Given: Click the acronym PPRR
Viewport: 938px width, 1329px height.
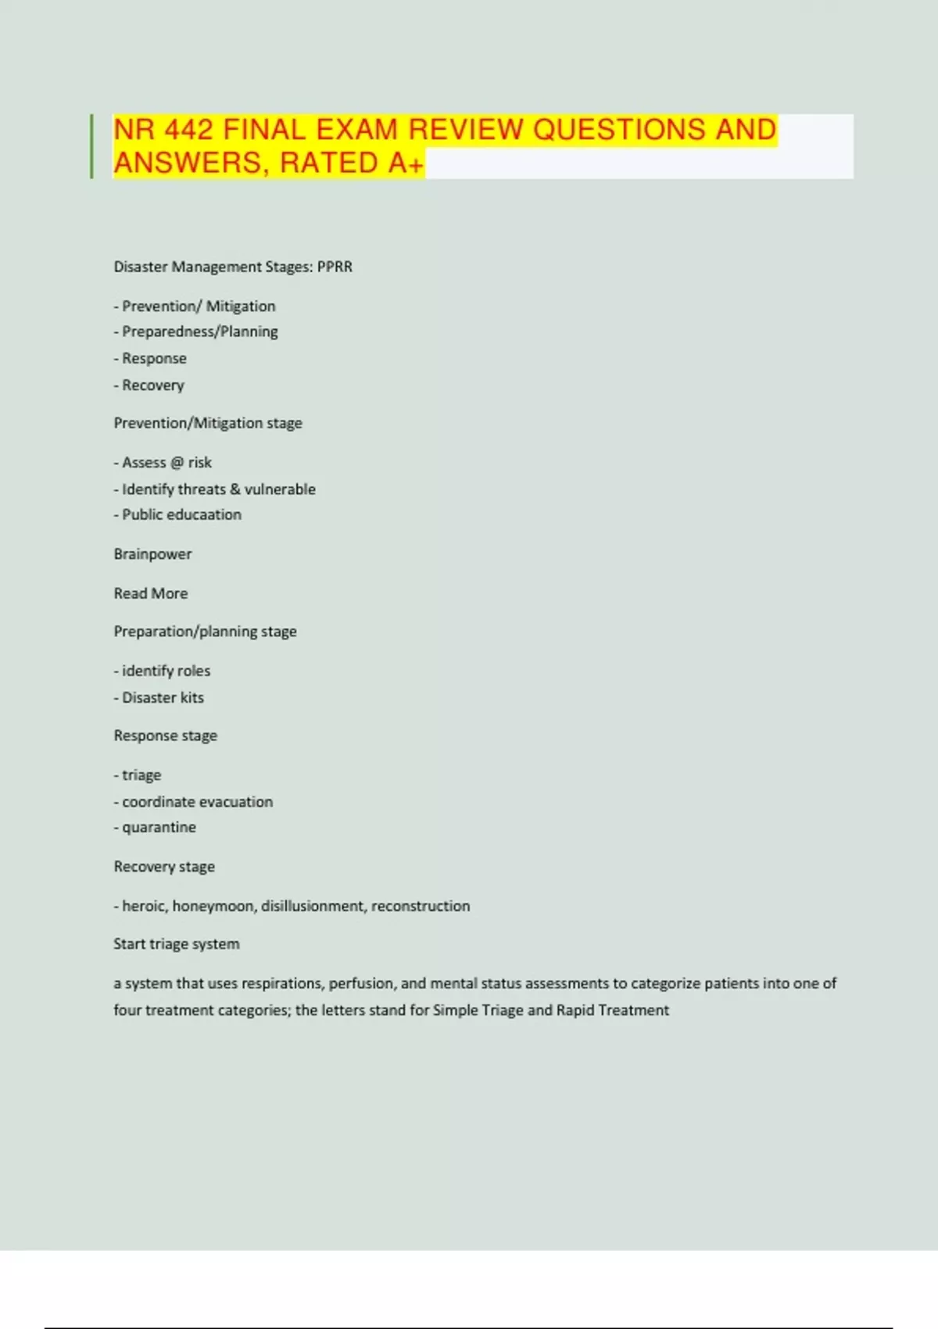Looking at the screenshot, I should click(335, 267).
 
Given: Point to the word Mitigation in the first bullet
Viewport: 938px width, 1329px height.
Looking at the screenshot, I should click(241, 306).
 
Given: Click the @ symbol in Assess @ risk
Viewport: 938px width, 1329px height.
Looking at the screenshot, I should click(177, 462).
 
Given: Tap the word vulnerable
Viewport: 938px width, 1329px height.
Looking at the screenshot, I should click(280, 489).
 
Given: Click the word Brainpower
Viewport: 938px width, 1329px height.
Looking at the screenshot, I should click(152, 553).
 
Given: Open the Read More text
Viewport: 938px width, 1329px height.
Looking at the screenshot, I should click(151, 593).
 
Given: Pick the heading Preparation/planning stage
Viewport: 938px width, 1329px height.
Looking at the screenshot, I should click(205, 631).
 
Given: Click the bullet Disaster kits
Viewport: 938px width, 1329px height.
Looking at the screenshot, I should click(163, 697).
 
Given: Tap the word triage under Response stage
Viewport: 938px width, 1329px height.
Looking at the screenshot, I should click(141, 775).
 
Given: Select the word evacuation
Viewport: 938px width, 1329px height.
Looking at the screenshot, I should click(234, 801).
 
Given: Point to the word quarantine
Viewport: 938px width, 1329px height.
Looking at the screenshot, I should click(159, 827).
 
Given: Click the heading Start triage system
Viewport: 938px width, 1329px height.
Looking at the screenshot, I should click(177, 944).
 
